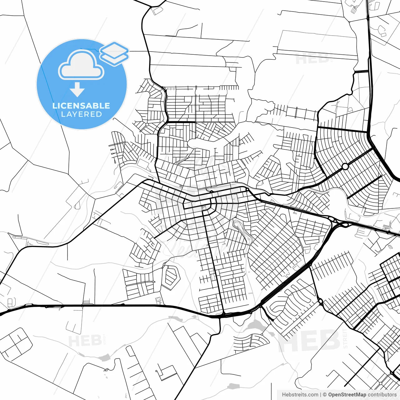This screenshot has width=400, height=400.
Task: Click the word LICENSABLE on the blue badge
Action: pyautogui.click(x=81, y=106)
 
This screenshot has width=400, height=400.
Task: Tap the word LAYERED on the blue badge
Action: pyautogui.click(x=81, y=114)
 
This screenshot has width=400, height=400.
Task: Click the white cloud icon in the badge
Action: pyautogui.click(x=81, y=65)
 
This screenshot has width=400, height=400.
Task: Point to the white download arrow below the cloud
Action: pyautogui.click(x=77, y=90)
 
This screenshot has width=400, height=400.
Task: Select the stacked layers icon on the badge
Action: pyautogui.click(x=114, y=53)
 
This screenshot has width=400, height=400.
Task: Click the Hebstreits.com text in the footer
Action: pyautogui.click(x=300, y=395)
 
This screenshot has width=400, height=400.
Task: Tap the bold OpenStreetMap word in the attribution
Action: pyautogui.click(x=347, y=395)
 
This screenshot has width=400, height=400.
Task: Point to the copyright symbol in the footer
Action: pyautogui.click(x=325, y=395)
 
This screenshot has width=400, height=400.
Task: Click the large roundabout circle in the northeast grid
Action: pyautogui.click(x=345, y=167)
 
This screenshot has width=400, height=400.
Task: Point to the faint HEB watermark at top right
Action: pyautogui.click(x=312, y=58)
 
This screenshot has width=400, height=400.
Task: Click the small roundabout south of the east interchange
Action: pyautogui.click(x=321, y=301)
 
